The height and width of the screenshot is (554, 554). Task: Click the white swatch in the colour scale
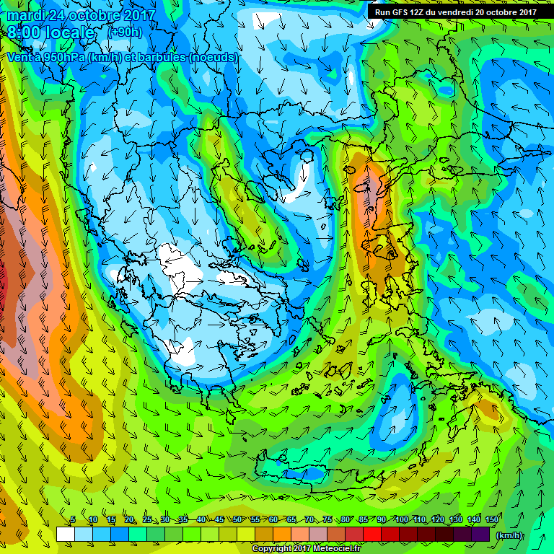65,535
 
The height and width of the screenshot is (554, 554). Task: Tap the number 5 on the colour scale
73,519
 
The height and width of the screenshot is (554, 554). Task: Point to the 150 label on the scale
493,519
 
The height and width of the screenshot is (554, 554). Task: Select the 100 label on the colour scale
401,519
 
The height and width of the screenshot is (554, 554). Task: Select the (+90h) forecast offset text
125,32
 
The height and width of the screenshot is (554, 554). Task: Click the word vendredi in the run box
463,12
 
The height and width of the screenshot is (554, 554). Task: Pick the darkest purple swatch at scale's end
480,535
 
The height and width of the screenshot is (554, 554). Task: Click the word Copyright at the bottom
273,549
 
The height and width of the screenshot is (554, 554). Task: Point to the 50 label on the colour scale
237,519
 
